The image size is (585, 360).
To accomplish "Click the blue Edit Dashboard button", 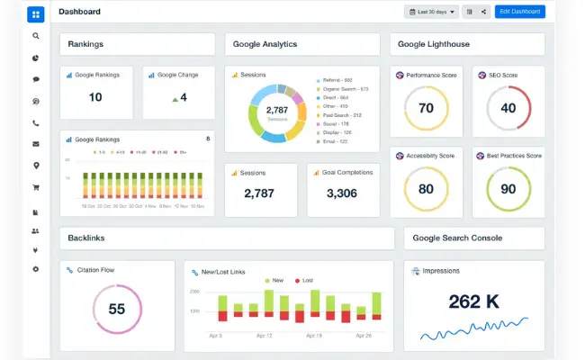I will click(520, 12).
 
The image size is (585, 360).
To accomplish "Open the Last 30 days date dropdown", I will click(432, 12).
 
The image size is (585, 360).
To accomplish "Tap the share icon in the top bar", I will click(483, 12).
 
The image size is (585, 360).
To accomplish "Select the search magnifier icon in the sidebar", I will click(36, 36).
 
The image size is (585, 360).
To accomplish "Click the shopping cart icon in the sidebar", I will click(36, 187).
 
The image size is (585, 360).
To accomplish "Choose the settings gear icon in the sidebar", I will click(36, 269).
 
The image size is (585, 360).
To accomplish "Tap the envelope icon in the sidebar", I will click(36, 144).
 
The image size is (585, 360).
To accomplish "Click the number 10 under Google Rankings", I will click(95, 97).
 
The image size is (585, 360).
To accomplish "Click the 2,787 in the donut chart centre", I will click(276, 110).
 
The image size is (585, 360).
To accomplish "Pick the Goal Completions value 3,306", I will click(342, 193).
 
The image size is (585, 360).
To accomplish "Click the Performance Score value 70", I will click(426, 108).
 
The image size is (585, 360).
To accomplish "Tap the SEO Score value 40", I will click(508, 108).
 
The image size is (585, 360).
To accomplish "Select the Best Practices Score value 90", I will click(508, 189).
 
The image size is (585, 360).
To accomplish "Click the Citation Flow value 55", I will click(116, 309).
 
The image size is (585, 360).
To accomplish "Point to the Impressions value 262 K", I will click(474, 301).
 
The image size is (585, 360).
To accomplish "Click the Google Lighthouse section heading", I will click(433, 44).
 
